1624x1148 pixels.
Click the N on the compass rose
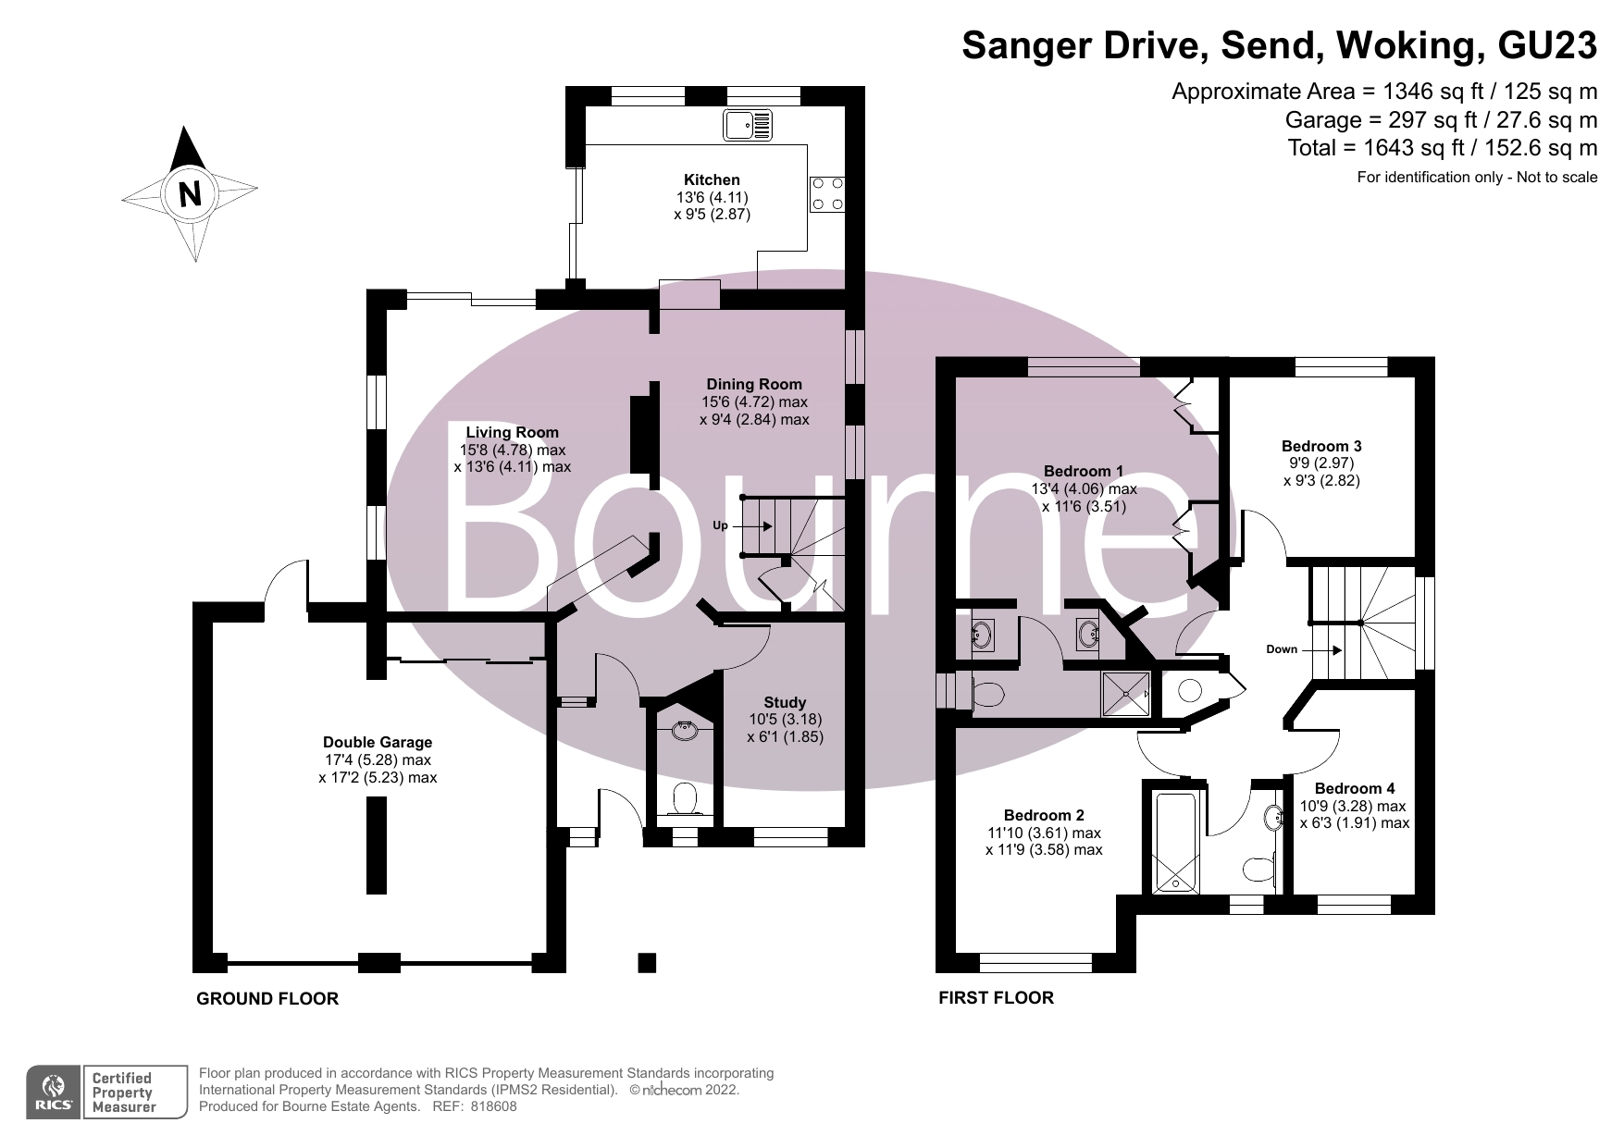pyautogui.click(x=190, y=193)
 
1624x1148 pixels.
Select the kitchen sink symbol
pyautogui.click(x=749, y=124)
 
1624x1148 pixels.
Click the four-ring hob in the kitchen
pyautogui.click(x=826, y=193)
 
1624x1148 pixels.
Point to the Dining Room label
pyautogui.click(x=753, y=384)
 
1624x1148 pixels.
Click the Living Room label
pyautogui.click(x=512, y=432)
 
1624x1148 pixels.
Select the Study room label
pyautogui.click(x=785, y=702)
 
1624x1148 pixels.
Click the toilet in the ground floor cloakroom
pyautogui.click(x=685, y=797)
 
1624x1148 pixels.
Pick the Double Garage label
pyautogui.click(x=377, y=742)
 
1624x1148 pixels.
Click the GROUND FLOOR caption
pyautogui.click(x=267, y=998)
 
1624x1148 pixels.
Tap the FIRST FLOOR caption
pyautogui.click(x=996, y=997)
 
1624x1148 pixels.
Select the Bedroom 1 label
pyautogui.click(x=1083, y=471)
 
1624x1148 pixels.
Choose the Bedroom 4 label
pyautogui.click(x=1354, y=788)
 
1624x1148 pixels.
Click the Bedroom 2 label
pyautogui.click(x=1043, y=815)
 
